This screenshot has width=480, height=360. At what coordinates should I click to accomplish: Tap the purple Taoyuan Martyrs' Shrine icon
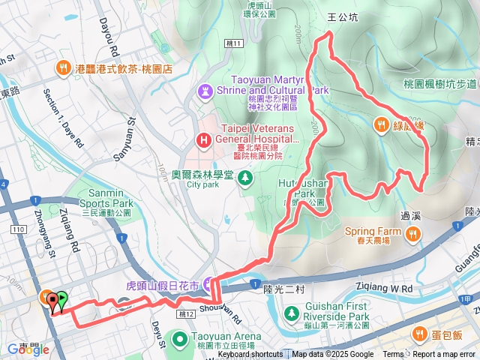[x=203, y=91]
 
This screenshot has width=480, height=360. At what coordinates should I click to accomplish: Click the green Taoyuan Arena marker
[x=180, y=339]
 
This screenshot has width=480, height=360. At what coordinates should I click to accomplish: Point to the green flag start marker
[x=60, y=301]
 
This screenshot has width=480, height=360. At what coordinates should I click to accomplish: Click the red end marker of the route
[x=52, y=301]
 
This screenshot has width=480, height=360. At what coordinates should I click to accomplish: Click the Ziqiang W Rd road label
[x=391, y=287]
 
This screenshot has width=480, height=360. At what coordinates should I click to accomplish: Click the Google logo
[x=24, y=349]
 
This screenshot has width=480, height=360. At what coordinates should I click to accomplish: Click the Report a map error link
[x=445, y=355]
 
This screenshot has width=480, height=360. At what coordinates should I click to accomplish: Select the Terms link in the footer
[x=393, y=355]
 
